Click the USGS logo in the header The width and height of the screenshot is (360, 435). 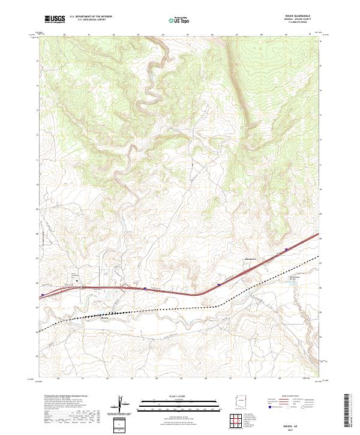coord(54,20)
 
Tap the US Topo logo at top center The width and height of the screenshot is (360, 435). coord(178,20)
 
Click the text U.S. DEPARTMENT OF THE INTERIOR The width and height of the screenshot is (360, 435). coord(91,17)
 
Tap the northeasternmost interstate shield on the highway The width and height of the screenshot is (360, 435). coord(287,248)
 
